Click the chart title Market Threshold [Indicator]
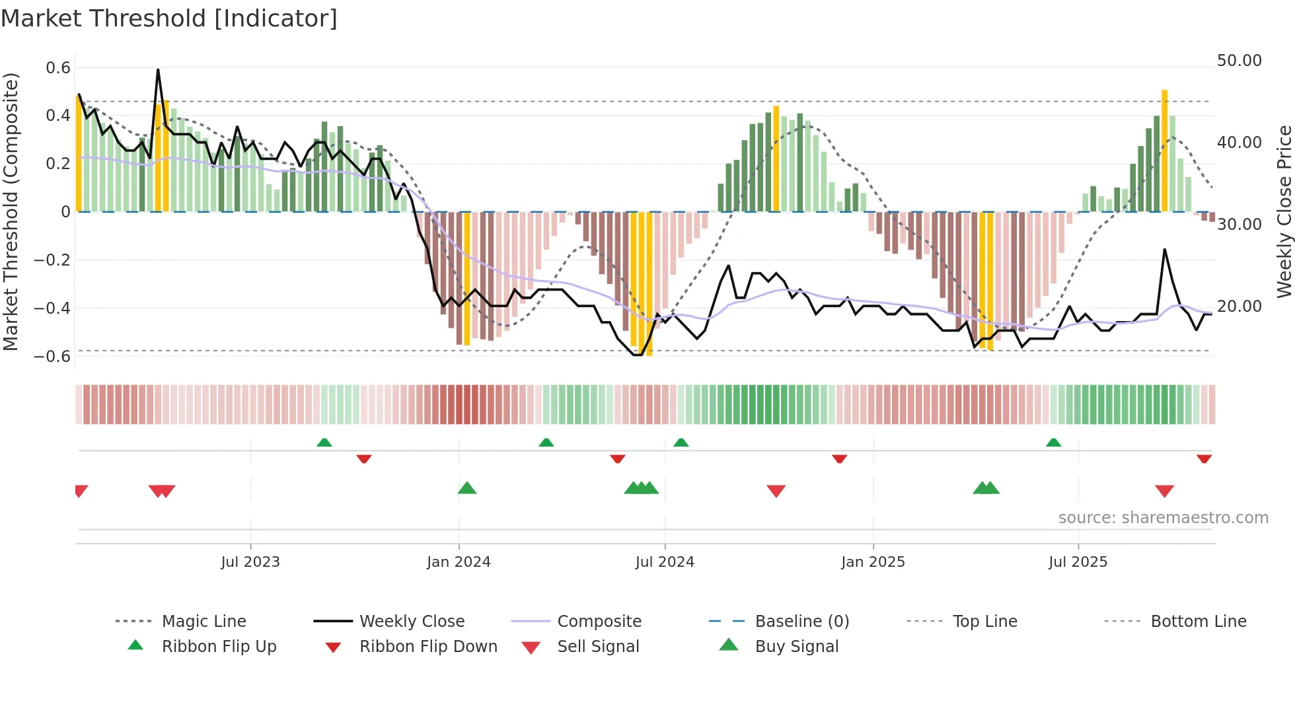coord(169,18)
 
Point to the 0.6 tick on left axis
coord(58,68)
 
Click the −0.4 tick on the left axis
coord(52,309)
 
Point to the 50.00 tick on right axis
coord(1239,61)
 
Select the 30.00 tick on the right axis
coord(1239,225)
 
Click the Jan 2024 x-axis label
coord(459,562)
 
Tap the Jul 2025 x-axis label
coord(1078,562)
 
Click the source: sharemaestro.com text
coord(1163,518)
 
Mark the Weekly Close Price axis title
coord(1284,211)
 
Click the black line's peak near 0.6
coord(158,70)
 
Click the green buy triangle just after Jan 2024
coord(467,488)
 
